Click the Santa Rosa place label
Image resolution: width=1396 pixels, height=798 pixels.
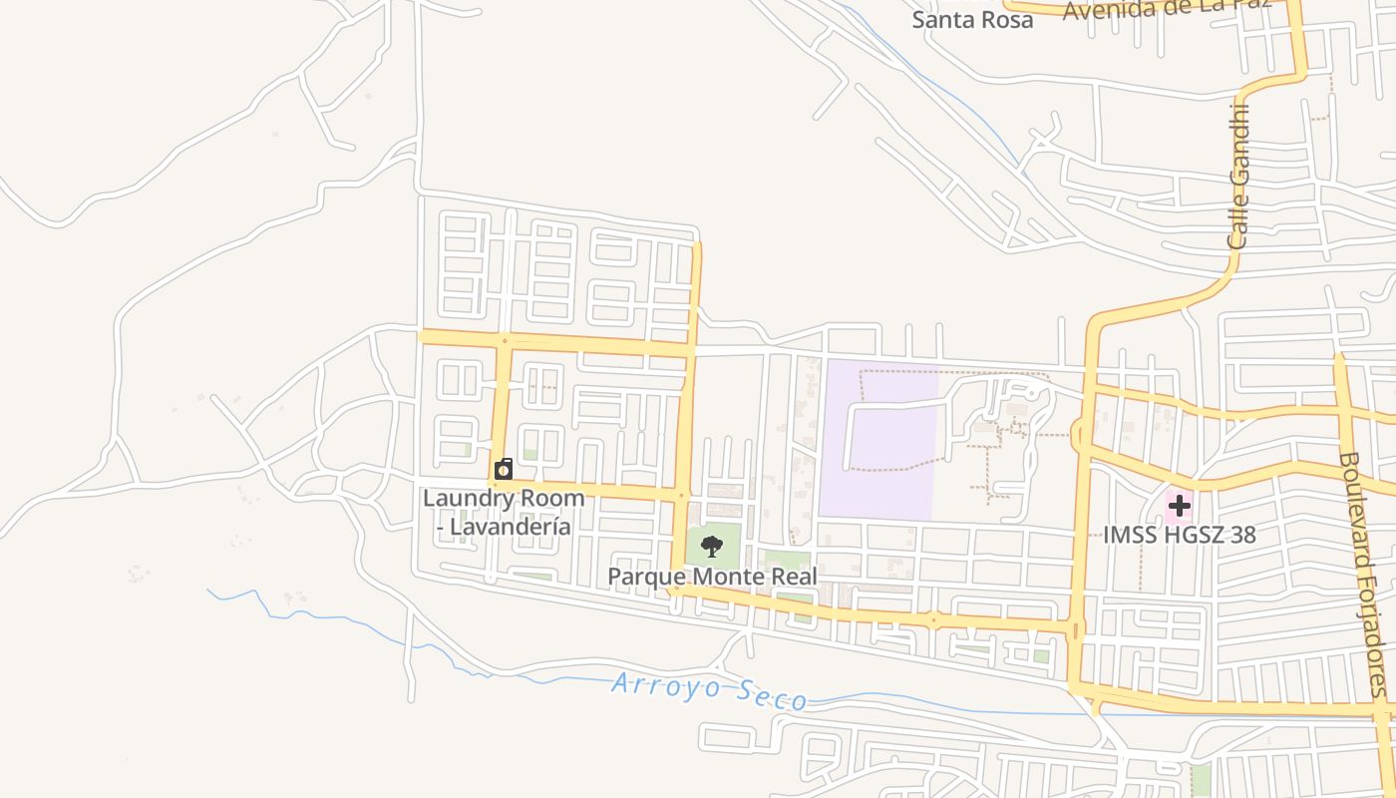[972, 19]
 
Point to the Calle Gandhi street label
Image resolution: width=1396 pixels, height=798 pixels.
[1238, 177]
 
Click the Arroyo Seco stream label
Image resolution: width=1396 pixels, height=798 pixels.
[709, 691]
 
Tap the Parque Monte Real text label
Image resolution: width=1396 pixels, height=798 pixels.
[712, 577]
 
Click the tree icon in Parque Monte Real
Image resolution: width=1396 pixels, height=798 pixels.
[712, 546]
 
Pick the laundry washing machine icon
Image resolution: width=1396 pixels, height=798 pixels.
[505, 469]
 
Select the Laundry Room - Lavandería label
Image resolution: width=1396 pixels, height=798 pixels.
[504, 512]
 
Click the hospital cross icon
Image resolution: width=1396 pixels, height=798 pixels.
[1180, 506]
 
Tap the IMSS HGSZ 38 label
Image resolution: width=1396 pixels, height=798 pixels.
[1179, 535]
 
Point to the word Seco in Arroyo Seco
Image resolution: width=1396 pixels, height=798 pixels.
[769, 696]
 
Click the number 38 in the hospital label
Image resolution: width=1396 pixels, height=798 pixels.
[1241, 535]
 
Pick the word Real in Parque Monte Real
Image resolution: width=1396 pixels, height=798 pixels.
[793, 577]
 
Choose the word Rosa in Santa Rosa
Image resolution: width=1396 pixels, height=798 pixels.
[1004, 19]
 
